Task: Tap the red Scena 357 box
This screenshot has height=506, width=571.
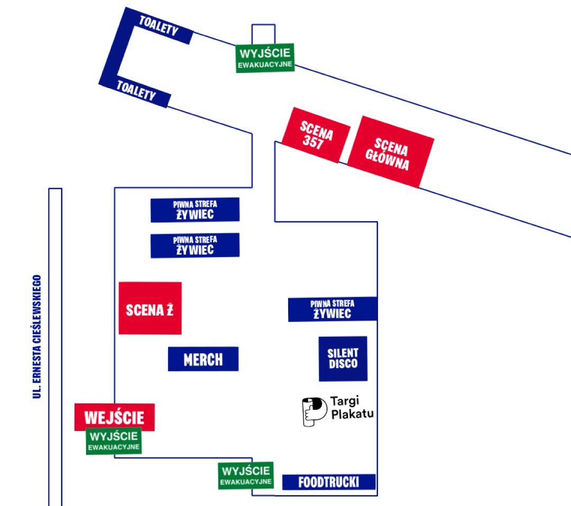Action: pyautogui.click(x=316, y=135)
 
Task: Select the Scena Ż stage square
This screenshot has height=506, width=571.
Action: pyautogui.click(x=150, y=308)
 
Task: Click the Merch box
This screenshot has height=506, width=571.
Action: pyautogui.click(x=203, y=359)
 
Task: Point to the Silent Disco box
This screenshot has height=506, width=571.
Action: pyautogui.click(x=343, y=358)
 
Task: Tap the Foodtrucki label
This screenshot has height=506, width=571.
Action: pyautogui.click(x=328, y=482)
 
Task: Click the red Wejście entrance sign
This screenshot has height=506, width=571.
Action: pyautogui.click(x=114, y=417)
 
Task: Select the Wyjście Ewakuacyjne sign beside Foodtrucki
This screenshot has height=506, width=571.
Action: pyautogui.click(x=246, y=475)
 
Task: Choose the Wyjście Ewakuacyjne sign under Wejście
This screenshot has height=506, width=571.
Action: pyautogui.click(x=114, y=441)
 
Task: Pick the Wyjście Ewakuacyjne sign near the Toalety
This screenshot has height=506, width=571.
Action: pyautogui.click(x=265, y=58)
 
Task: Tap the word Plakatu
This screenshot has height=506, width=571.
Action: pyautogui.click(x=352, y=414)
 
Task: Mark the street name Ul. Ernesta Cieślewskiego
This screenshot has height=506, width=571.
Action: pyautogui.click(x=36, y=336)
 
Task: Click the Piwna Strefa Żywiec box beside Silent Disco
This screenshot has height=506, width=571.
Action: pyautogui.click(x=333, y=309)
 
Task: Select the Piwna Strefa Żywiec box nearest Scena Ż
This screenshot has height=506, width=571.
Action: pyautogui.click(x=195, y=245)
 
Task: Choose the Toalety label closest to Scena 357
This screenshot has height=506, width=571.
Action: pyautogui.click(x=136, y=91)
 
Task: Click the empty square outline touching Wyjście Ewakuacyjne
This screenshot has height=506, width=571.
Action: pyautogui.click(x=263, y=33)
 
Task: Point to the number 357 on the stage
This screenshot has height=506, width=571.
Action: pyautogui.click(x=313, y=142)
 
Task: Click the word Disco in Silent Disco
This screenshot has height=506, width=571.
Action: pyautogui.click(x=343, y=364)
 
